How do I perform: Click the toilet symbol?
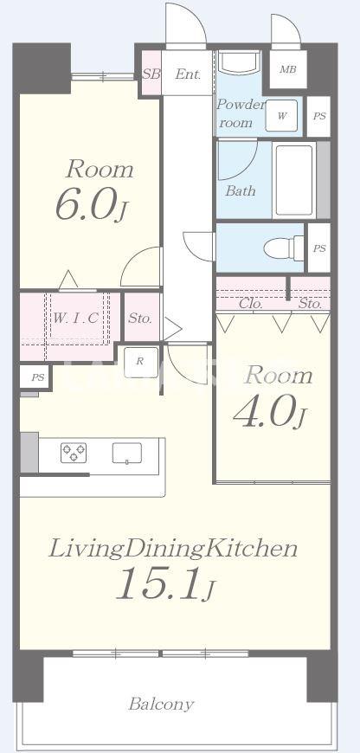284,248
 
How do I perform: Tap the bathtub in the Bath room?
294,180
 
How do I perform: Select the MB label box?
288,69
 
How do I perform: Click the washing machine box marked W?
282,116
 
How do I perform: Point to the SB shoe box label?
151,74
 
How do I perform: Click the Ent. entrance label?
188,74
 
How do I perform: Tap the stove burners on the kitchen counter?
74,453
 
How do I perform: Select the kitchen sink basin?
127,454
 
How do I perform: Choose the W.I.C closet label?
76,318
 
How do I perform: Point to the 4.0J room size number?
269,412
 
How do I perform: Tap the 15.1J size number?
166,583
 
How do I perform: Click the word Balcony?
161,705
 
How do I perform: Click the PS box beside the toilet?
319,248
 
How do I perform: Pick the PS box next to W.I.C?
37,377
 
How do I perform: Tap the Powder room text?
240,113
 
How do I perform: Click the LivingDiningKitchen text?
173,549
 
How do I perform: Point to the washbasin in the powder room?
239,61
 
